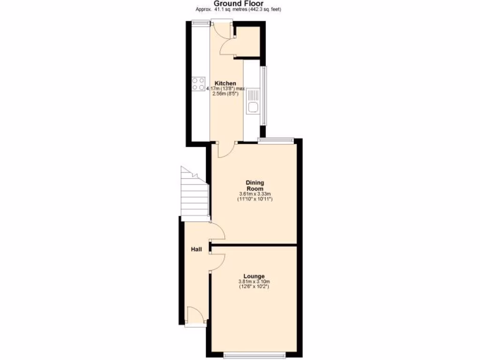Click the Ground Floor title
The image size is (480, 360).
pos(240,3)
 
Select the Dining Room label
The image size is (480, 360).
pos(255,185)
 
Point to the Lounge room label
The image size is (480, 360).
pos(254,276)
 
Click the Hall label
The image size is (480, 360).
pos(196,250)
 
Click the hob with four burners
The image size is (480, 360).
pos(198,84)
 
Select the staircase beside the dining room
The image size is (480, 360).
pos(195,195)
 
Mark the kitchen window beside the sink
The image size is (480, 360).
pos(263,96)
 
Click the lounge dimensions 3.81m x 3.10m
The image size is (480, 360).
pos(254,284)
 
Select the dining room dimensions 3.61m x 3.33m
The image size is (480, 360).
pos(255,196)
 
